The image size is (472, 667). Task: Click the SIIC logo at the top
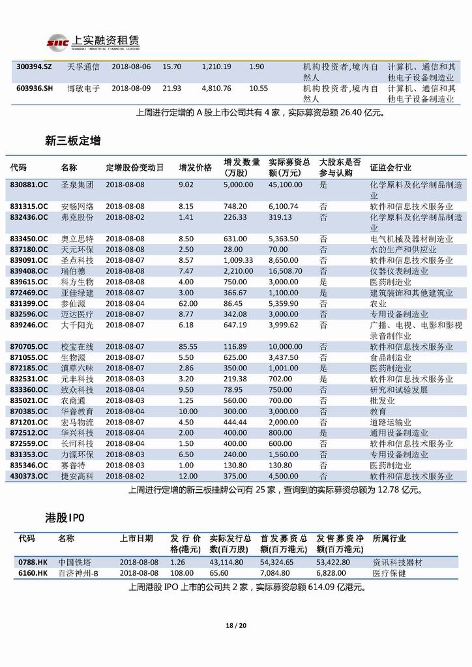(x=57, y=43)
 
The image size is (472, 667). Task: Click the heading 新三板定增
(x=73, y=140)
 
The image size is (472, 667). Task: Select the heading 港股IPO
(x=66, y=517)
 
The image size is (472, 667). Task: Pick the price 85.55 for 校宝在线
(x=188, y=347)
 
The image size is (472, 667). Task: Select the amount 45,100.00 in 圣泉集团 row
(x=285, y=185)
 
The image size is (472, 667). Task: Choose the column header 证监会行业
(x=391, y=168)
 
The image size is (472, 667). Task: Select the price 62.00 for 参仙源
(x=188, y=303)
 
